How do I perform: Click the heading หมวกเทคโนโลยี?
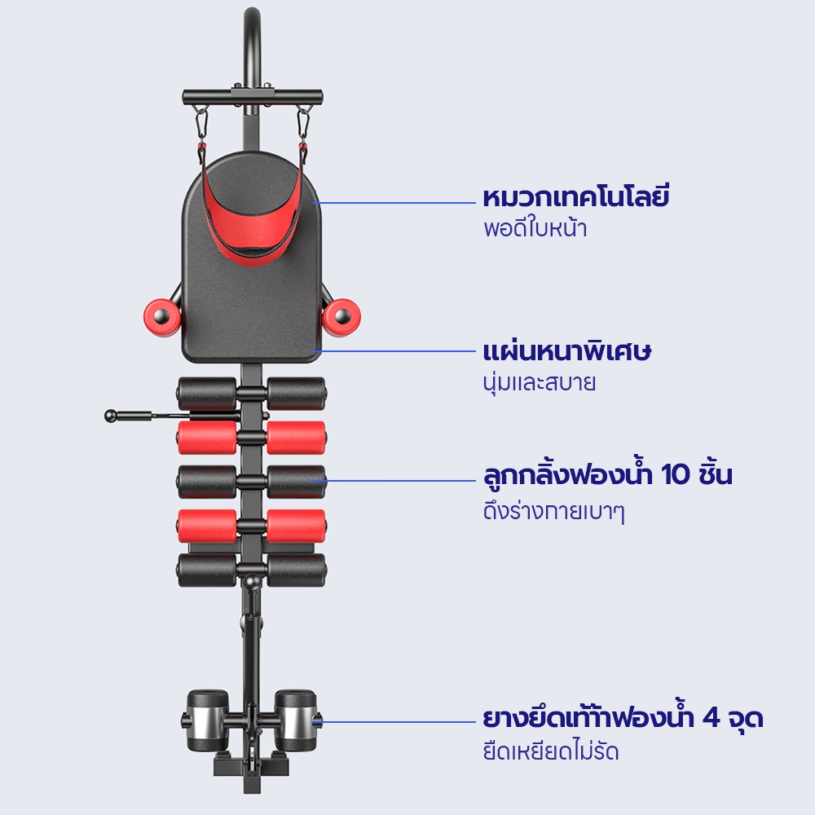(x=576, y=197)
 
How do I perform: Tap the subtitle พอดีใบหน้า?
(x=535, y=228)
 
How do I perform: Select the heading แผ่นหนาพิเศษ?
(x=566, y=350)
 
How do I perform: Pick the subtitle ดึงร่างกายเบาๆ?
(x=553, y=511)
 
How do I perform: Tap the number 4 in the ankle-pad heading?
(x=711, y=718)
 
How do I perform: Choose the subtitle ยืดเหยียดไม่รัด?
(x=551, y=751)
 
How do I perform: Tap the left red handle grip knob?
(x=162, y=316)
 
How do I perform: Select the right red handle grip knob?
(x=341, y=316)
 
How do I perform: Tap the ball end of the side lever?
(x=111, y=416)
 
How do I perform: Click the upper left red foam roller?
(x=207, y=438)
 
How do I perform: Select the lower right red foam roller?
(x=297, y=526)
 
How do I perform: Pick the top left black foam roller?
(x=207, y=394)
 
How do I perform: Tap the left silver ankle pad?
(x=208, y=720)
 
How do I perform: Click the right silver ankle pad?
(x=295, y=720)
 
